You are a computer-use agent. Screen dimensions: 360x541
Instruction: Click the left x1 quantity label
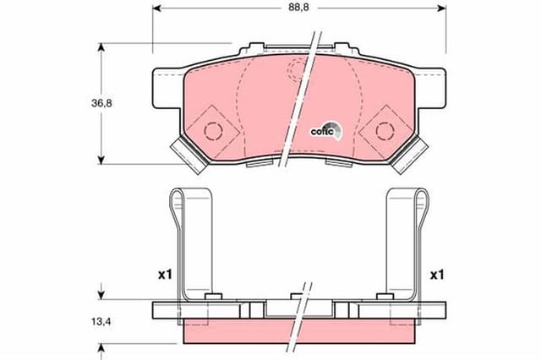[x=165, y=275]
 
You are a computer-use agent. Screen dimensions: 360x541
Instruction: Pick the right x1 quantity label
[x=437, y=275]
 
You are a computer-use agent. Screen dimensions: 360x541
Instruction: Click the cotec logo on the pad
[x=325, y=130]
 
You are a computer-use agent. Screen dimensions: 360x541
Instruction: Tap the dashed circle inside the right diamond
[x=385, y=129]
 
